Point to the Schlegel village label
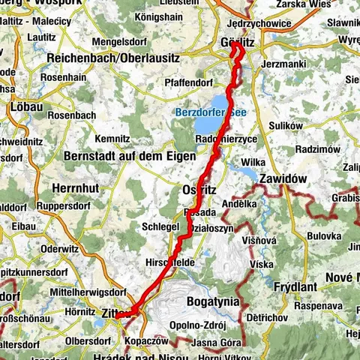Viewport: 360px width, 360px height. (x=160, y=226)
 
